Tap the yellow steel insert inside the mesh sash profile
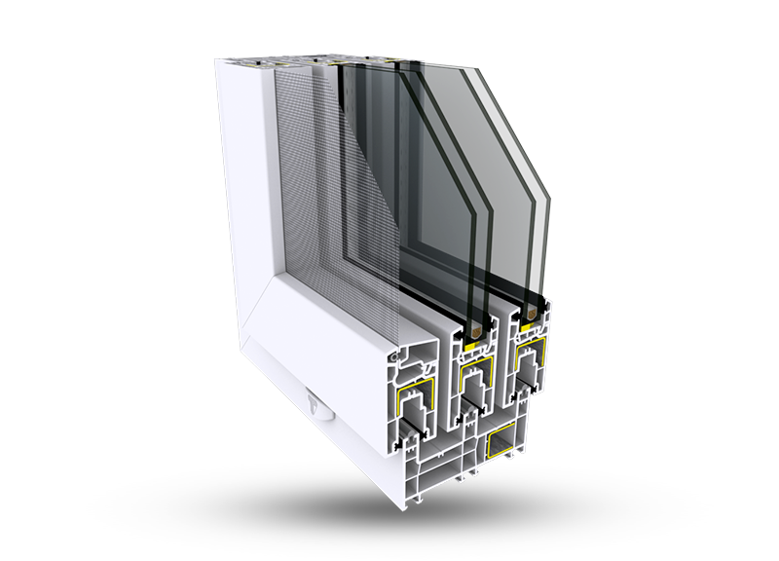click(413, 395)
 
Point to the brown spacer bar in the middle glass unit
click(472, 333)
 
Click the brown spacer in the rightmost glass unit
click(531, 316)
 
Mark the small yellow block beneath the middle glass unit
click(472, 346)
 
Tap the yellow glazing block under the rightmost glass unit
click(532, 329)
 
